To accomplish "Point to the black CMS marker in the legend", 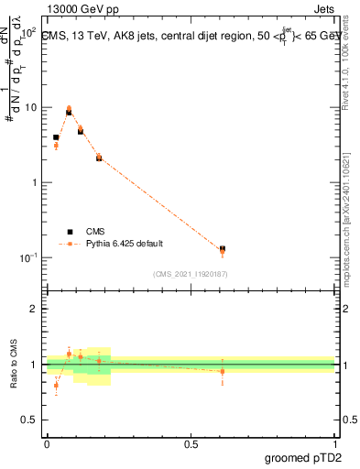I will point(70,232).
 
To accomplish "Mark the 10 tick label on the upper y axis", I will point(29,107).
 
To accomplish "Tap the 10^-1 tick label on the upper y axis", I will point(27,257).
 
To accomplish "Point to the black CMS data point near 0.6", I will point(223,248).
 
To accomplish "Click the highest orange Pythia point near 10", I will point(69,108).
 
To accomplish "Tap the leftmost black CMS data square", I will point(56,137).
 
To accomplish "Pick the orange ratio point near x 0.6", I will point(223,371).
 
